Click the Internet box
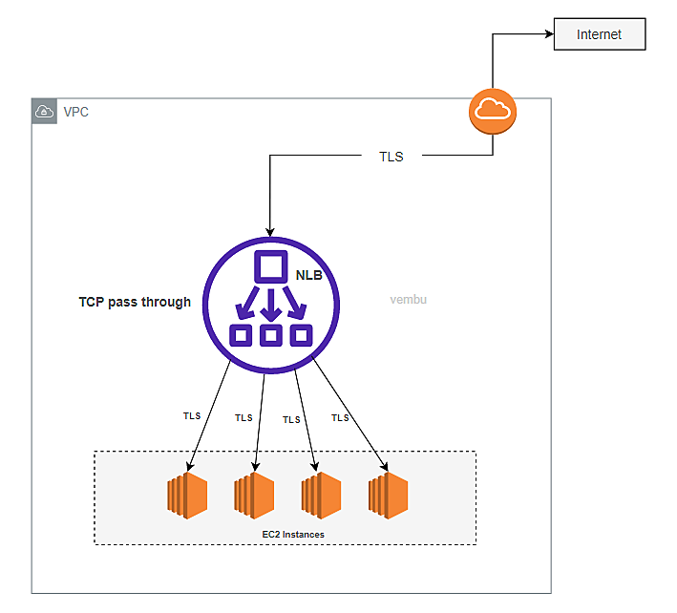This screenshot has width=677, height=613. (599, 35)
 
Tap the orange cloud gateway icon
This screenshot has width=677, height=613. (493, 111)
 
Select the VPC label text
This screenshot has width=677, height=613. (76, 112)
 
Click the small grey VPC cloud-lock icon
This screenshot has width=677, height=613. (44, 112)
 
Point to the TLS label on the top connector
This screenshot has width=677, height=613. (391, 157)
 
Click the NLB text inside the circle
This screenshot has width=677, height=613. (310, 274)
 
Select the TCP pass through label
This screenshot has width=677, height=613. (135, 302)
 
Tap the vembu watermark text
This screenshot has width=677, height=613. (408, 300)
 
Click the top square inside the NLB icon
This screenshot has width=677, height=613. (270, 266)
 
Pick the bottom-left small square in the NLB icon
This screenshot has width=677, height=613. (241, 335)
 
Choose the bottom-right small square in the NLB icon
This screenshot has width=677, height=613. (302, 335)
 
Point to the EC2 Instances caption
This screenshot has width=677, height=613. (293, 535)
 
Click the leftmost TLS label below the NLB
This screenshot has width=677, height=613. (192, 416)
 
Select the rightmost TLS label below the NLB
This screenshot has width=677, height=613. (340, 418)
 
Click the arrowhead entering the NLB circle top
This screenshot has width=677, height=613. (270, 231)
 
